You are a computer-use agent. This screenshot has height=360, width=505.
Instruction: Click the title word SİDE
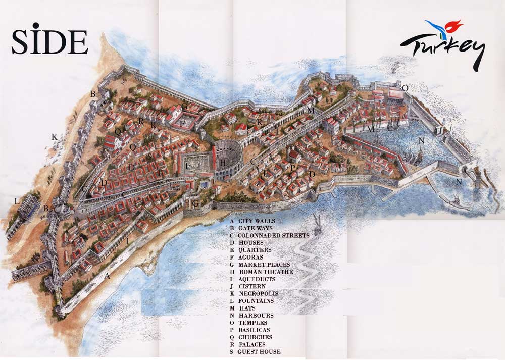point(49,40)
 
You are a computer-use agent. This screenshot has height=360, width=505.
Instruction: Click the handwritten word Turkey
point(443,49)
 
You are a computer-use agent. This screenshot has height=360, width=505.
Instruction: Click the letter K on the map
point(54,137)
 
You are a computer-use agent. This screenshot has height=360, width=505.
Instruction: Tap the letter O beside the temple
point(405,88)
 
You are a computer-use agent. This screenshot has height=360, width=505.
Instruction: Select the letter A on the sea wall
point(107,276)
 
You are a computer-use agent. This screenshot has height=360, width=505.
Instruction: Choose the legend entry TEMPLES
point(253,323)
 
